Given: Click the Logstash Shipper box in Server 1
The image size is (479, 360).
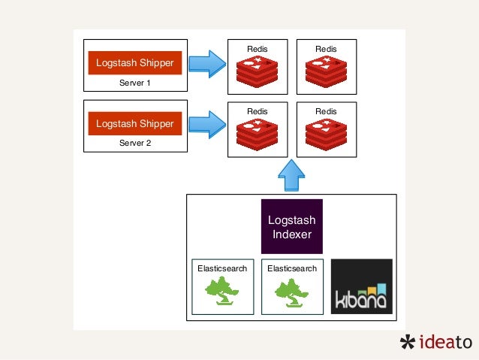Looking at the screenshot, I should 134,64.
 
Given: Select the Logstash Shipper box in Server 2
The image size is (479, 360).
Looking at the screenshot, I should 134,123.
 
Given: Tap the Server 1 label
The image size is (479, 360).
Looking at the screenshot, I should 134,83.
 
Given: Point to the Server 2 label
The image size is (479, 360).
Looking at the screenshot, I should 134,142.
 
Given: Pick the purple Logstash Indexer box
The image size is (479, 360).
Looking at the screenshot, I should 291,225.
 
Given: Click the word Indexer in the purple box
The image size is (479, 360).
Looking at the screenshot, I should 291,234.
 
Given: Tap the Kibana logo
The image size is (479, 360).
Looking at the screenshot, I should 361,286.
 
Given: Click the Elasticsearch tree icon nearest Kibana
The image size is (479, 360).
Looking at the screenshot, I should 291,292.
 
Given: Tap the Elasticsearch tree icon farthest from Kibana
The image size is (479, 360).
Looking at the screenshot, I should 221,292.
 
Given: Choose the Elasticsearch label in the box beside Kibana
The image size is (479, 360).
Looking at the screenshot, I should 291,268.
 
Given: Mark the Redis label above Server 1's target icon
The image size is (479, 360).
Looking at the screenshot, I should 257,49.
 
